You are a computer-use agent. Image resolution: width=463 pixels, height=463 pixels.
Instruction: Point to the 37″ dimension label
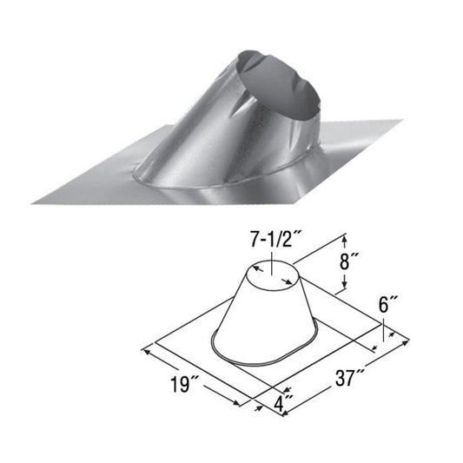click(351, 378)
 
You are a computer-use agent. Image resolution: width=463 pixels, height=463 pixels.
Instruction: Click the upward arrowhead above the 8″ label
click(347, 237)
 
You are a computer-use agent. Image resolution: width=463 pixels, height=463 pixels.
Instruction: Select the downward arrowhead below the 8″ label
click(347, 288)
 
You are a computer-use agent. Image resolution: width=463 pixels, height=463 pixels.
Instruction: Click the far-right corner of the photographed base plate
click(402, 122)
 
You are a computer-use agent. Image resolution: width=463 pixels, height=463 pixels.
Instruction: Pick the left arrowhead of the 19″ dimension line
click(145, 351)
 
